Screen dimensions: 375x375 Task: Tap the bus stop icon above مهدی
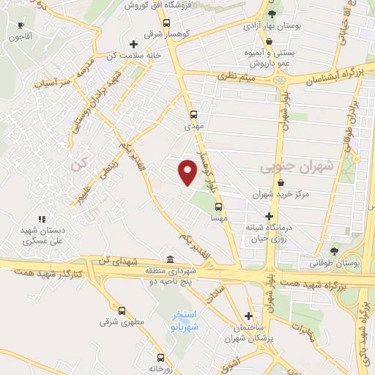point(193,114)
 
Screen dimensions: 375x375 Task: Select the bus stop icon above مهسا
point(218,206)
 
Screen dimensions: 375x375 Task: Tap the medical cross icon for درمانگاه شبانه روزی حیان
point(270,216)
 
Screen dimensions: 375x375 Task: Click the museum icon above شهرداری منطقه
point(170,259)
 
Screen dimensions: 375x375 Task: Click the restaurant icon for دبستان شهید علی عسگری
point(42,218)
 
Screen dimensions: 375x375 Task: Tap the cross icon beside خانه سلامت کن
point(133,45)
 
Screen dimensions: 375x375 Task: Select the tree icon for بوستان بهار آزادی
point(272,14)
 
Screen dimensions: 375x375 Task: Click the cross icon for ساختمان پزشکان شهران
point(249,315)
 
